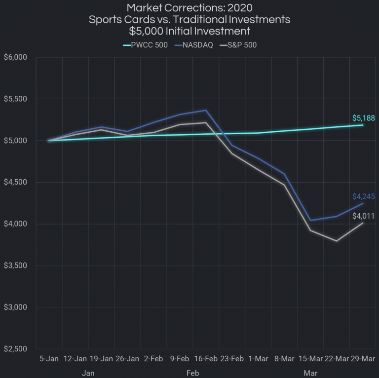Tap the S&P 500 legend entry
(x=241, y=45)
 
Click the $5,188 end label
(x=363, y=118)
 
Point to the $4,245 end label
(x=364, y=196)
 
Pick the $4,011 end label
(x=364, y=216)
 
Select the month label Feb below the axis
(x=193, y=373)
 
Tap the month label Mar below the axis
(x=311, y=373)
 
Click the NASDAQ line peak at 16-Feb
(x=206, y=110)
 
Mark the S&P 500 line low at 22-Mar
(x=337, y=241)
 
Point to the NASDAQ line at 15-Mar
(x=310, y=220)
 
